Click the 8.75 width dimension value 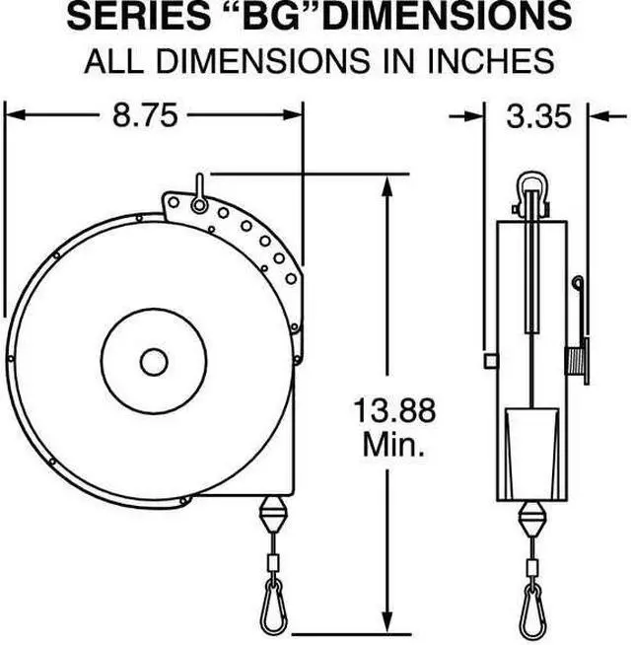[145, 115]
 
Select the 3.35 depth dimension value [538, 116]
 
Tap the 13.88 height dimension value [394, 409]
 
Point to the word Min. [393, 444]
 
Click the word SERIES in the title [137, 17]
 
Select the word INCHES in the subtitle [491, 61]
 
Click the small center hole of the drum [154, 362]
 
